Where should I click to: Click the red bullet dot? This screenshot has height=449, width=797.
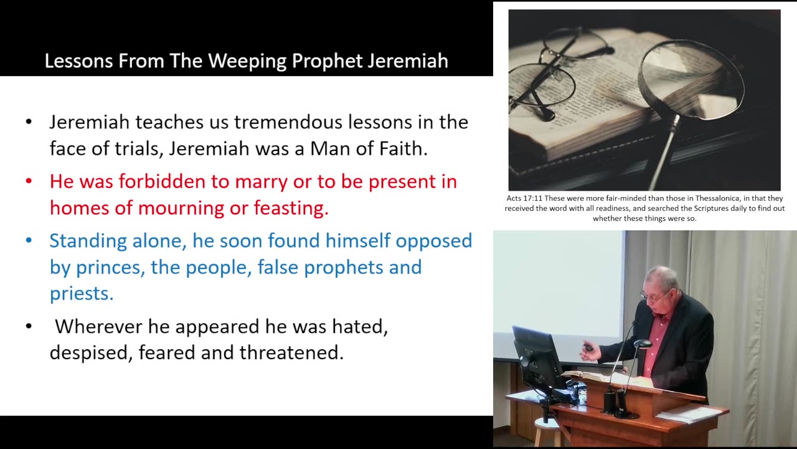(29, 181)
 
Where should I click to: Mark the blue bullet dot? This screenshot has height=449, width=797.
(29, 241)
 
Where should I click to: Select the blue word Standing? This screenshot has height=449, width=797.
(88, 241)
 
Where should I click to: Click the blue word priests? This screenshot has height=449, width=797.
(82, 294)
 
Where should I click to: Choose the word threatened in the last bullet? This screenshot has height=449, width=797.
(291, 353)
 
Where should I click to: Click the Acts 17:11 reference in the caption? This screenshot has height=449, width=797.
(524, 198)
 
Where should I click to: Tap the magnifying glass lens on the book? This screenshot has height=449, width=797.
(691, 81)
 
